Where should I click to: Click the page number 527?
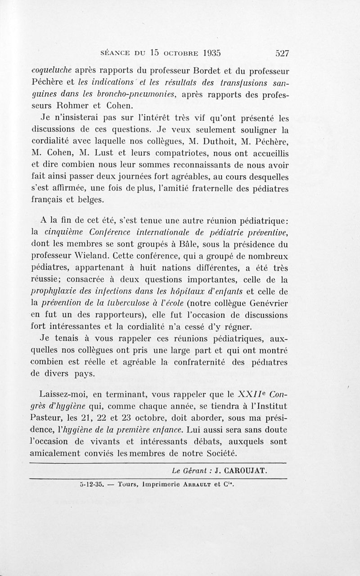point(282,53)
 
